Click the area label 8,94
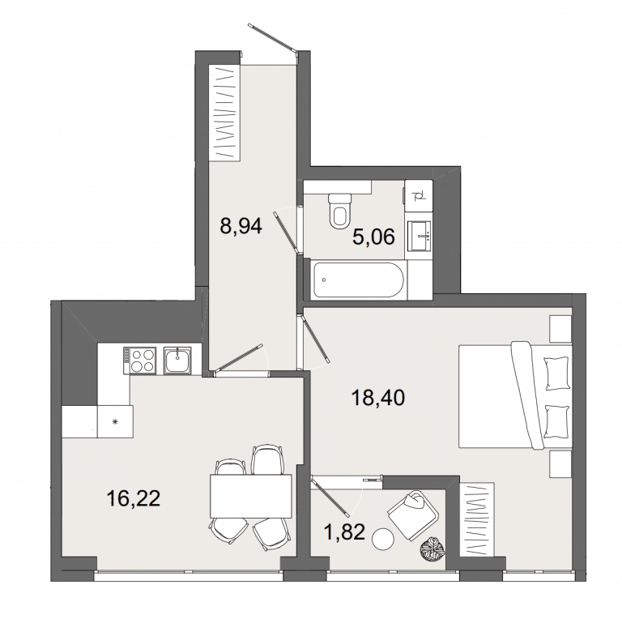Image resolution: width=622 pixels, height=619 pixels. point(241,227)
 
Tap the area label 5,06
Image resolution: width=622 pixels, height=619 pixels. point(373,237)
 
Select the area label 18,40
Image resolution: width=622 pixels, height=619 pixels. point(378,398)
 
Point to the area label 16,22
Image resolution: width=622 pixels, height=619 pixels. point(134,498)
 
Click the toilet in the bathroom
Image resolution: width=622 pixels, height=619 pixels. point(340,211)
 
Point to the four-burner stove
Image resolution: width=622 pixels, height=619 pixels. point(140,360)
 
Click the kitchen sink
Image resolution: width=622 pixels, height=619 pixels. point(177,360)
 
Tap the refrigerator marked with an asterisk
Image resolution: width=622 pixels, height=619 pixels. point(115,421)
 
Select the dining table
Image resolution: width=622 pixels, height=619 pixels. point(251,496)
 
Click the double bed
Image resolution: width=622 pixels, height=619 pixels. point(515,395)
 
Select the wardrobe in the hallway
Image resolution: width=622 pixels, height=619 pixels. point(225,113)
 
